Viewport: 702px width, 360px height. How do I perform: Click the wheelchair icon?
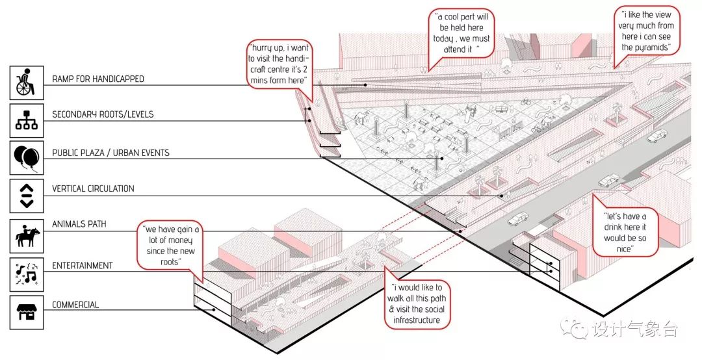click(x=27, y=82)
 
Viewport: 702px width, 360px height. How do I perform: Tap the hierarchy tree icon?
click(x=27, y=118)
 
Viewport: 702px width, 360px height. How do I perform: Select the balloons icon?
click(x=27, y=157)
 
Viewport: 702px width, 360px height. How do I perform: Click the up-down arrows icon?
click(x=27, y=194)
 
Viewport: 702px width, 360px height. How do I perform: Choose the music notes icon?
click(x=27, y=273)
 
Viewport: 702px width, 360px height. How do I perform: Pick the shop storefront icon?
click(x=27, y=311)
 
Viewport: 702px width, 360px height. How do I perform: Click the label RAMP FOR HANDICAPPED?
click(x=97, y=79)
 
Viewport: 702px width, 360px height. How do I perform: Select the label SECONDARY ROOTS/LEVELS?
click(x=103, y=115)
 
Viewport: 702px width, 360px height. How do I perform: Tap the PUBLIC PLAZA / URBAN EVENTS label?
click(x=110, y=153)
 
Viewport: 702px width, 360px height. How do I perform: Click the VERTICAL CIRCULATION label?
click(x=93, y=189)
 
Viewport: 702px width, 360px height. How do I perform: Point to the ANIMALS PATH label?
click(x=79, y=225)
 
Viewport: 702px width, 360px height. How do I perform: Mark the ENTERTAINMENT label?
click(x=82, y=266)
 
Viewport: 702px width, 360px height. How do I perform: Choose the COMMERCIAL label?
click(x=75, y=305)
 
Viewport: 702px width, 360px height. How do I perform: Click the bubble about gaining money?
click(x=170, y=245)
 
